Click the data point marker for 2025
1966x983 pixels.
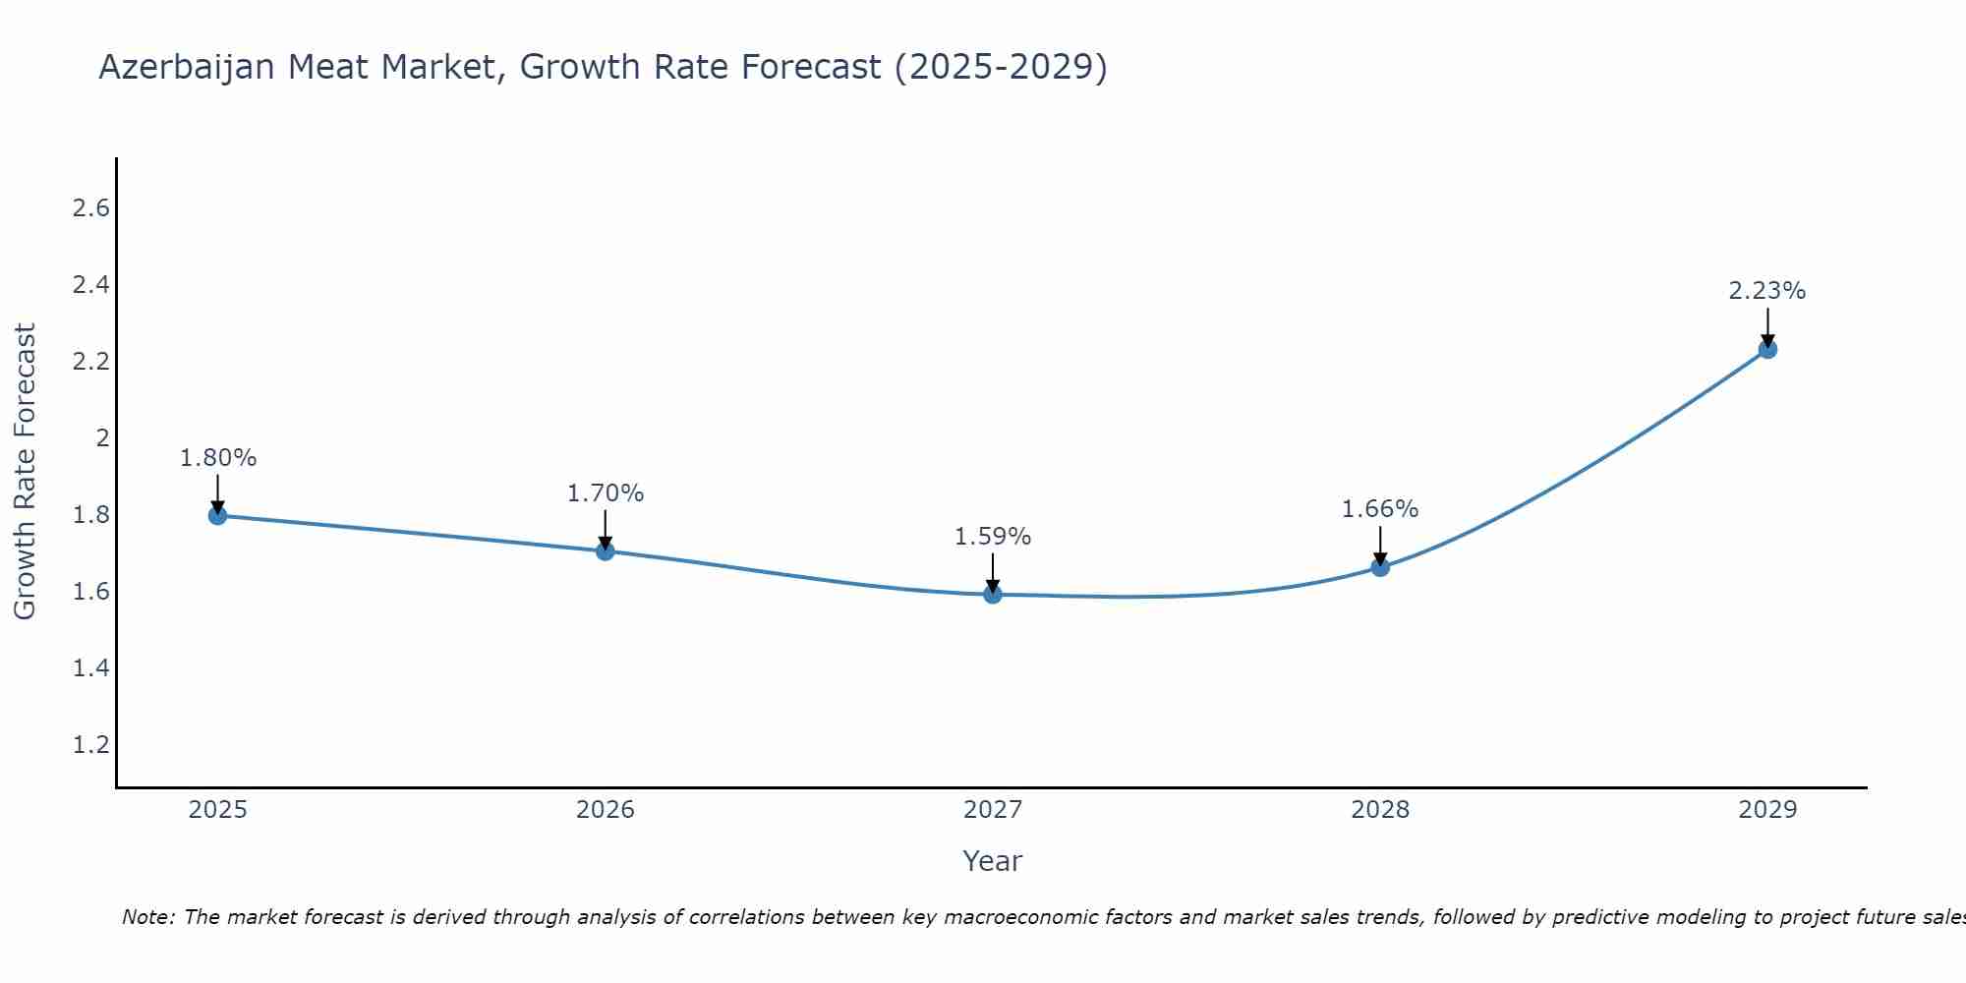coord(218,515)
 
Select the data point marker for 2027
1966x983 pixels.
coord(993,594)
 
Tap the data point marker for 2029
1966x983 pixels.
coord(1767,349)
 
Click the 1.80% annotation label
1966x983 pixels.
coord(218,458)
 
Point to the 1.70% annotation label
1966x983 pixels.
coord(606,493)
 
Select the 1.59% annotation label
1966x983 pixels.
coord(993,537)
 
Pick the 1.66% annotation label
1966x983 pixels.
coord(1380,509)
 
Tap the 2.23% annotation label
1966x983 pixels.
coord(1767,291)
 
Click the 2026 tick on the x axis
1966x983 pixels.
coord(606,810)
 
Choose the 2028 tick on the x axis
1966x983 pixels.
coord(1380,810)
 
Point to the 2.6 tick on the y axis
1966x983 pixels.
coord(91,208)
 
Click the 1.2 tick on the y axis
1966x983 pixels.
coord(91,744)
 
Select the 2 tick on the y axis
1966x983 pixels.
coord(102,437)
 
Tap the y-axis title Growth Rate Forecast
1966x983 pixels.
coord(25,472)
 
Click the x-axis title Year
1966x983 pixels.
coord(993,861)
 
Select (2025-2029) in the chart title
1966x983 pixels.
coord(1001,67)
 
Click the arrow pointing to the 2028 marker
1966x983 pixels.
coord(1380,546)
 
